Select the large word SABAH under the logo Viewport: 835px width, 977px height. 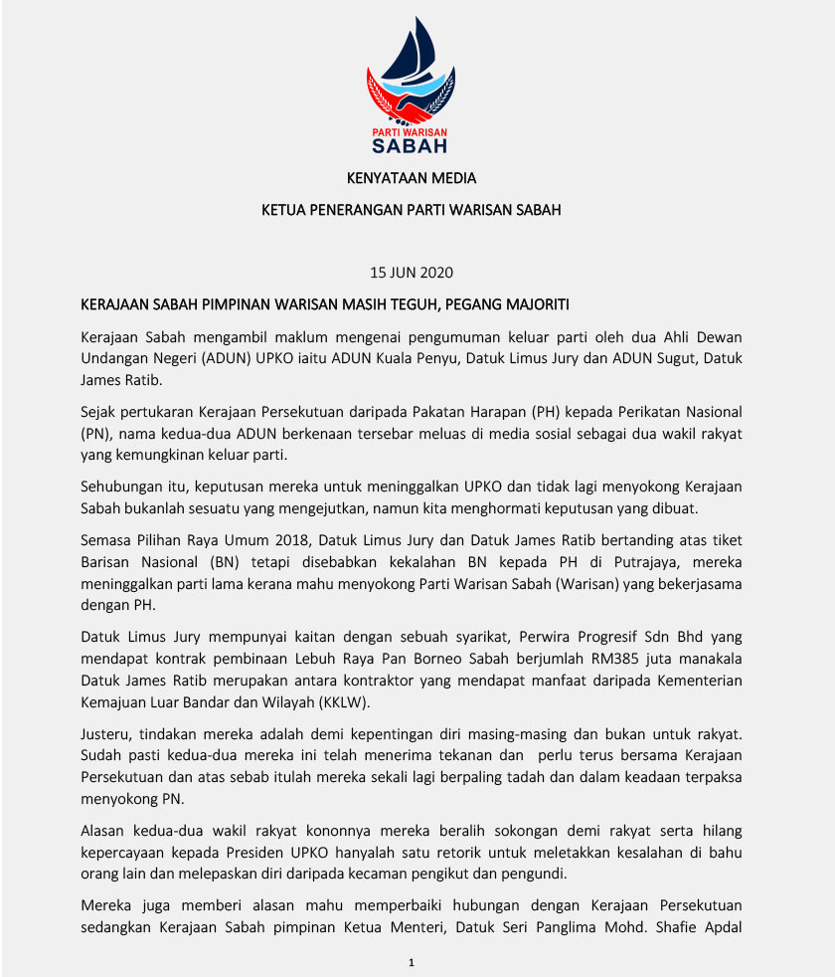pos(410,146)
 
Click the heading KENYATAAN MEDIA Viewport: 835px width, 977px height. pos(411,179)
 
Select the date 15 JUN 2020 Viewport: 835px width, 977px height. pos(411,272)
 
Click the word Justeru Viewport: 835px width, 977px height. pos(104,733)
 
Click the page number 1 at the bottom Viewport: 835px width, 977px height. pos(411,963)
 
